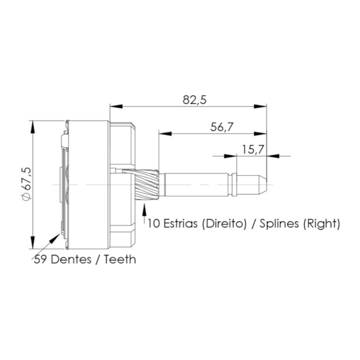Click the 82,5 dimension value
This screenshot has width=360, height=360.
[x=194, y=100]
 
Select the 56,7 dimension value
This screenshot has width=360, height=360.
[x=221, y=127]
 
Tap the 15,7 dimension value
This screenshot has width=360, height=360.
[x=253, y=149]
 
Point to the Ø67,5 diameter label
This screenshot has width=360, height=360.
[x=26, y=184]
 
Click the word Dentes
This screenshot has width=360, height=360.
[x=71, y=259]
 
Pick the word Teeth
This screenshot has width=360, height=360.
[x=120, y=259]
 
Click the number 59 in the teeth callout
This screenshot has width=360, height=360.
[x=40, y=259]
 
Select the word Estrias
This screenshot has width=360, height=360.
[x=180, y=223]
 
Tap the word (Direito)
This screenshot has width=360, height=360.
[x=224, y=224]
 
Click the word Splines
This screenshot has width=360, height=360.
[x=279, y=224]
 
